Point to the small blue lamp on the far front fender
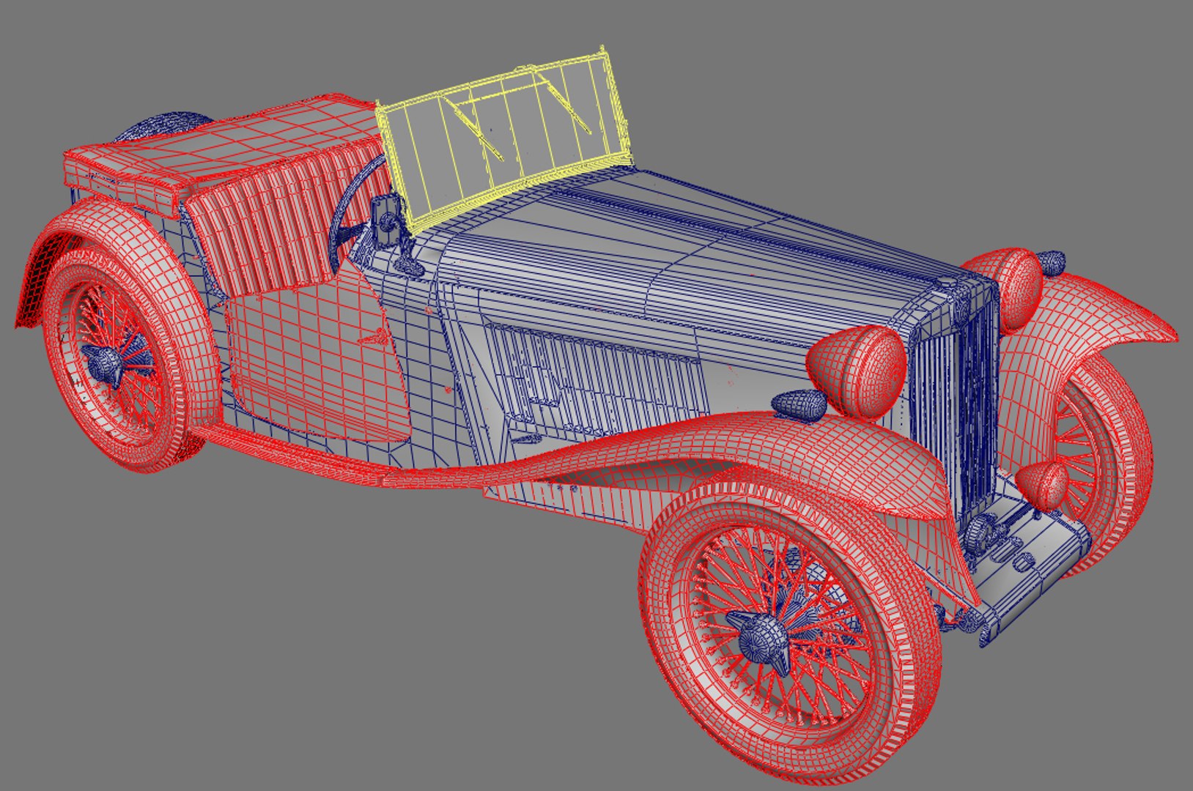pyautogui.click(x=1052, y=261)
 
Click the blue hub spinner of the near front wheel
pyautogui.click(x=762, y=641)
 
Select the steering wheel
pyautogui.click(x=352, y=212)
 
